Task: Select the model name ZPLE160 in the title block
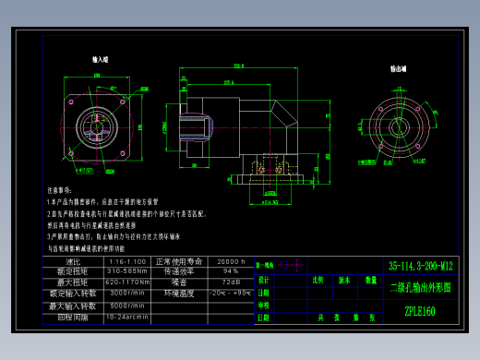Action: click(x=420, y=311)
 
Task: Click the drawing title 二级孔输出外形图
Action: click(x=421, y=287)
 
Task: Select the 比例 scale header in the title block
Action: click(x=318, y=279)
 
